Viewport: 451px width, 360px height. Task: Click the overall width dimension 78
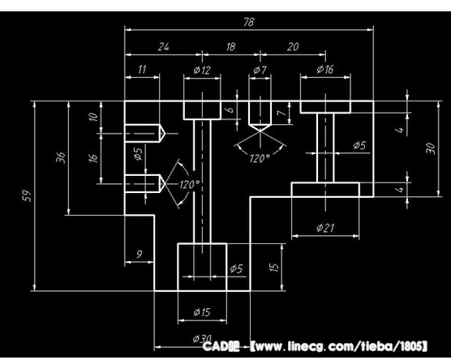(249, 22)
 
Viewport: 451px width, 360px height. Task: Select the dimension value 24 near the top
(164, 47)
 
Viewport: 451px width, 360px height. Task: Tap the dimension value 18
(230, 46)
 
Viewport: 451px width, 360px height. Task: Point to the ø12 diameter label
(202, 70)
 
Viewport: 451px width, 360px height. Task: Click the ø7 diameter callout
(260, 70)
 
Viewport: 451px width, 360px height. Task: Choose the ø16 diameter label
(325, 69)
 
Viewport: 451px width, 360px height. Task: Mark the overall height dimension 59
(27, 196)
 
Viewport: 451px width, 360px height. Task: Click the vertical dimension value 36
(61, 157)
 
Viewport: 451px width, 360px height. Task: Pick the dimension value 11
(142, 70)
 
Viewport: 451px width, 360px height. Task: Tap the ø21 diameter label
(325, 228)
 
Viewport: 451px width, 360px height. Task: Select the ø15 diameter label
(202, 312)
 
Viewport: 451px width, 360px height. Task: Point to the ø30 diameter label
(203, 338)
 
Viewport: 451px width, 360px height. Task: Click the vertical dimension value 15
(275, 267)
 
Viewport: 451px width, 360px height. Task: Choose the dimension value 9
(140, 254)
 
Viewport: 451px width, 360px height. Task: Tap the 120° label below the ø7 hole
(260, 158)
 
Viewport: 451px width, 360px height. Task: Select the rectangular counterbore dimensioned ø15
(202, 267)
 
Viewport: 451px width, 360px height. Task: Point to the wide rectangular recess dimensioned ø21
(325, 190)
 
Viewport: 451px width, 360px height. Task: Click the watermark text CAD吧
(221, 346)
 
